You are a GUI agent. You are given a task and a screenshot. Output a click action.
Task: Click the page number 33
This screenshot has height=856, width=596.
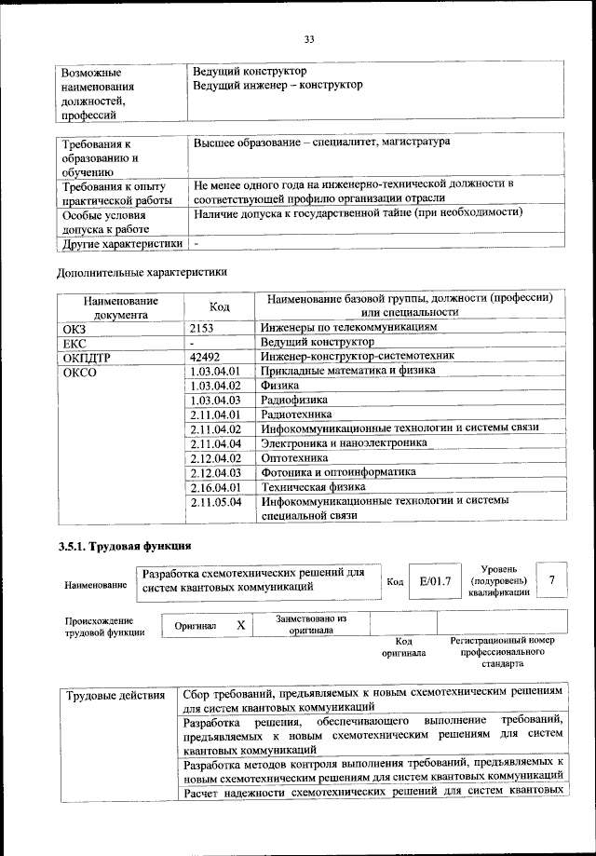pos(308,38)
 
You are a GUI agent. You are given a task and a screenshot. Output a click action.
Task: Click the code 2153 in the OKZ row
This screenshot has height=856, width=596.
pos(203,329)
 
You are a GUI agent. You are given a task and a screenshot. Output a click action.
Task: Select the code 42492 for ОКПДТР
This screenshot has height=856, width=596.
pos(206,356)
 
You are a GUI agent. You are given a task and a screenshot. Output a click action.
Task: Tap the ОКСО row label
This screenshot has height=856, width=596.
pos(80,372)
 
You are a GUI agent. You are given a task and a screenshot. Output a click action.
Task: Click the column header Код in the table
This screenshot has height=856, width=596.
pos(220,306)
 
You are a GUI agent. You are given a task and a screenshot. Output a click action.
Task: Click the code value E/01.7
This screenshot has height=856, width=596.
pos(435,581)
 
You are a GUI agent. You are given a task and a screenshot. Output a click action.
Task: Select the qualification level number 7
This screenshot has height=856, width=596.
pos(553,580)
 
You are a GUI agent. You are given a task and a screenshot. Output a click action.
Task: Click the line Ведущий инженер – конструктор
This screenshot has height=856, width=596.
pos(278,85)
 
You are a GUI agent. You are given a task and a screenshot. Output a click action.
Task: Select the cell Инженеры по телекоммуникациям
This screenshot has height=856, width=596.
pos(348,328)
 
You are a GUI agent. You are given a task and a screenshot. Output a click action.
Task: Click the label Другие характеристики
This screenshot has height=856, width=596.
pos(120,245)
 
